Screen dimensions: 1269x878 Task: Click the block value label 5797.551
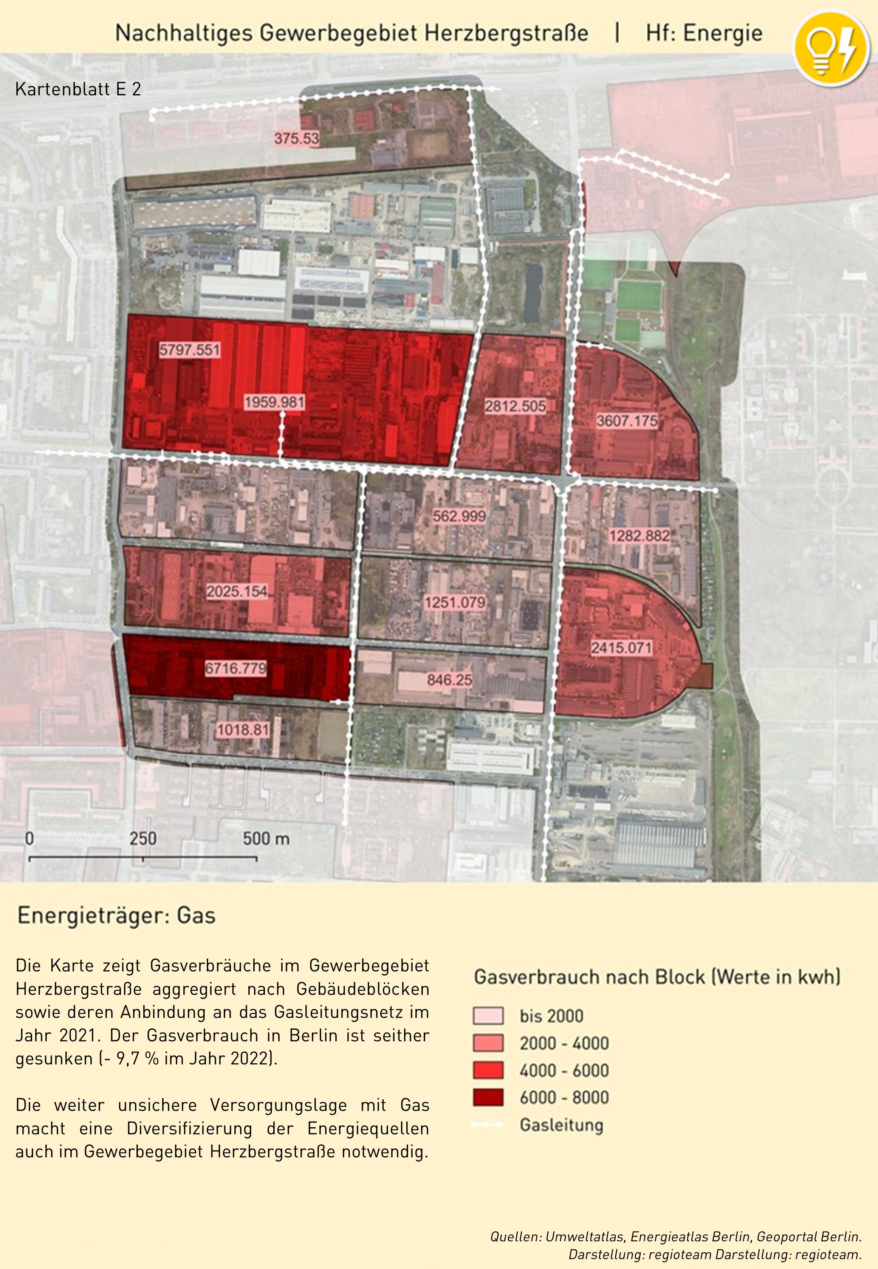tap(189, 350)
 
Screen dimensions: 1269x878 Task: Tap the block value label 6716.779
tap(235, 668)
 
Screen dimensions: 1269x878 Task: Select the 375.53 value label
tap(297, 138)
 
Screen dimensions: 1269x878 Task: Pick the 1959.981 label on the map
tap(274, 402)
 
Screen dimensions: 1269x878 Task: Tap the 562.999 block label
tap(459, 516)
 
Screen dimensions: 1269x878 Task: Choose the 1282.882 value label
tap(639, 536)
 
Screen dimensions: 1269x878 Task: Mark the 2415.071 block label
tap(621, 648)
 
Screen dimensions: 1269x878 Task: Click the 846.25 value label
tap(449, 680)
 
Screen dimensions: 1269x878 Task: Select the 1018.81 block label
tap(243, 730)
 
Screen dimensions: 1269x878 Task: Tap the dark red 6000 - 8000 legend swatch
tap(488, 1097)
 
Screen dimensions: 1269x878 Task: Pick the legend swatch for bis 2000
tap(488, 1015)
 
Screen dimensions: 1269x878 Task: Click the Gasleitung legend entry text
tap(561, 1125)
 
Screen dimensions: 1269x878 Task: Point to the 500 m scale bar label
tap(266, 838)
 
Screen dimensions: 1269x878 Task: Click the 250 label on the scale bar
tap(143, 838)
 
